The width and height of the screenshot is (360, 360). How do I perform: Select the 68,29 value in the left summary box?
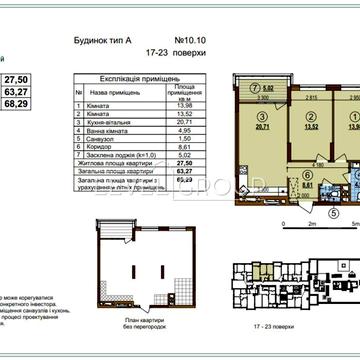pos(17,102)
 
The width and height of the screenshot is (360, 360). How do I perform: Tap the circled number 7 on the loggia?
pos(227,88)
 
